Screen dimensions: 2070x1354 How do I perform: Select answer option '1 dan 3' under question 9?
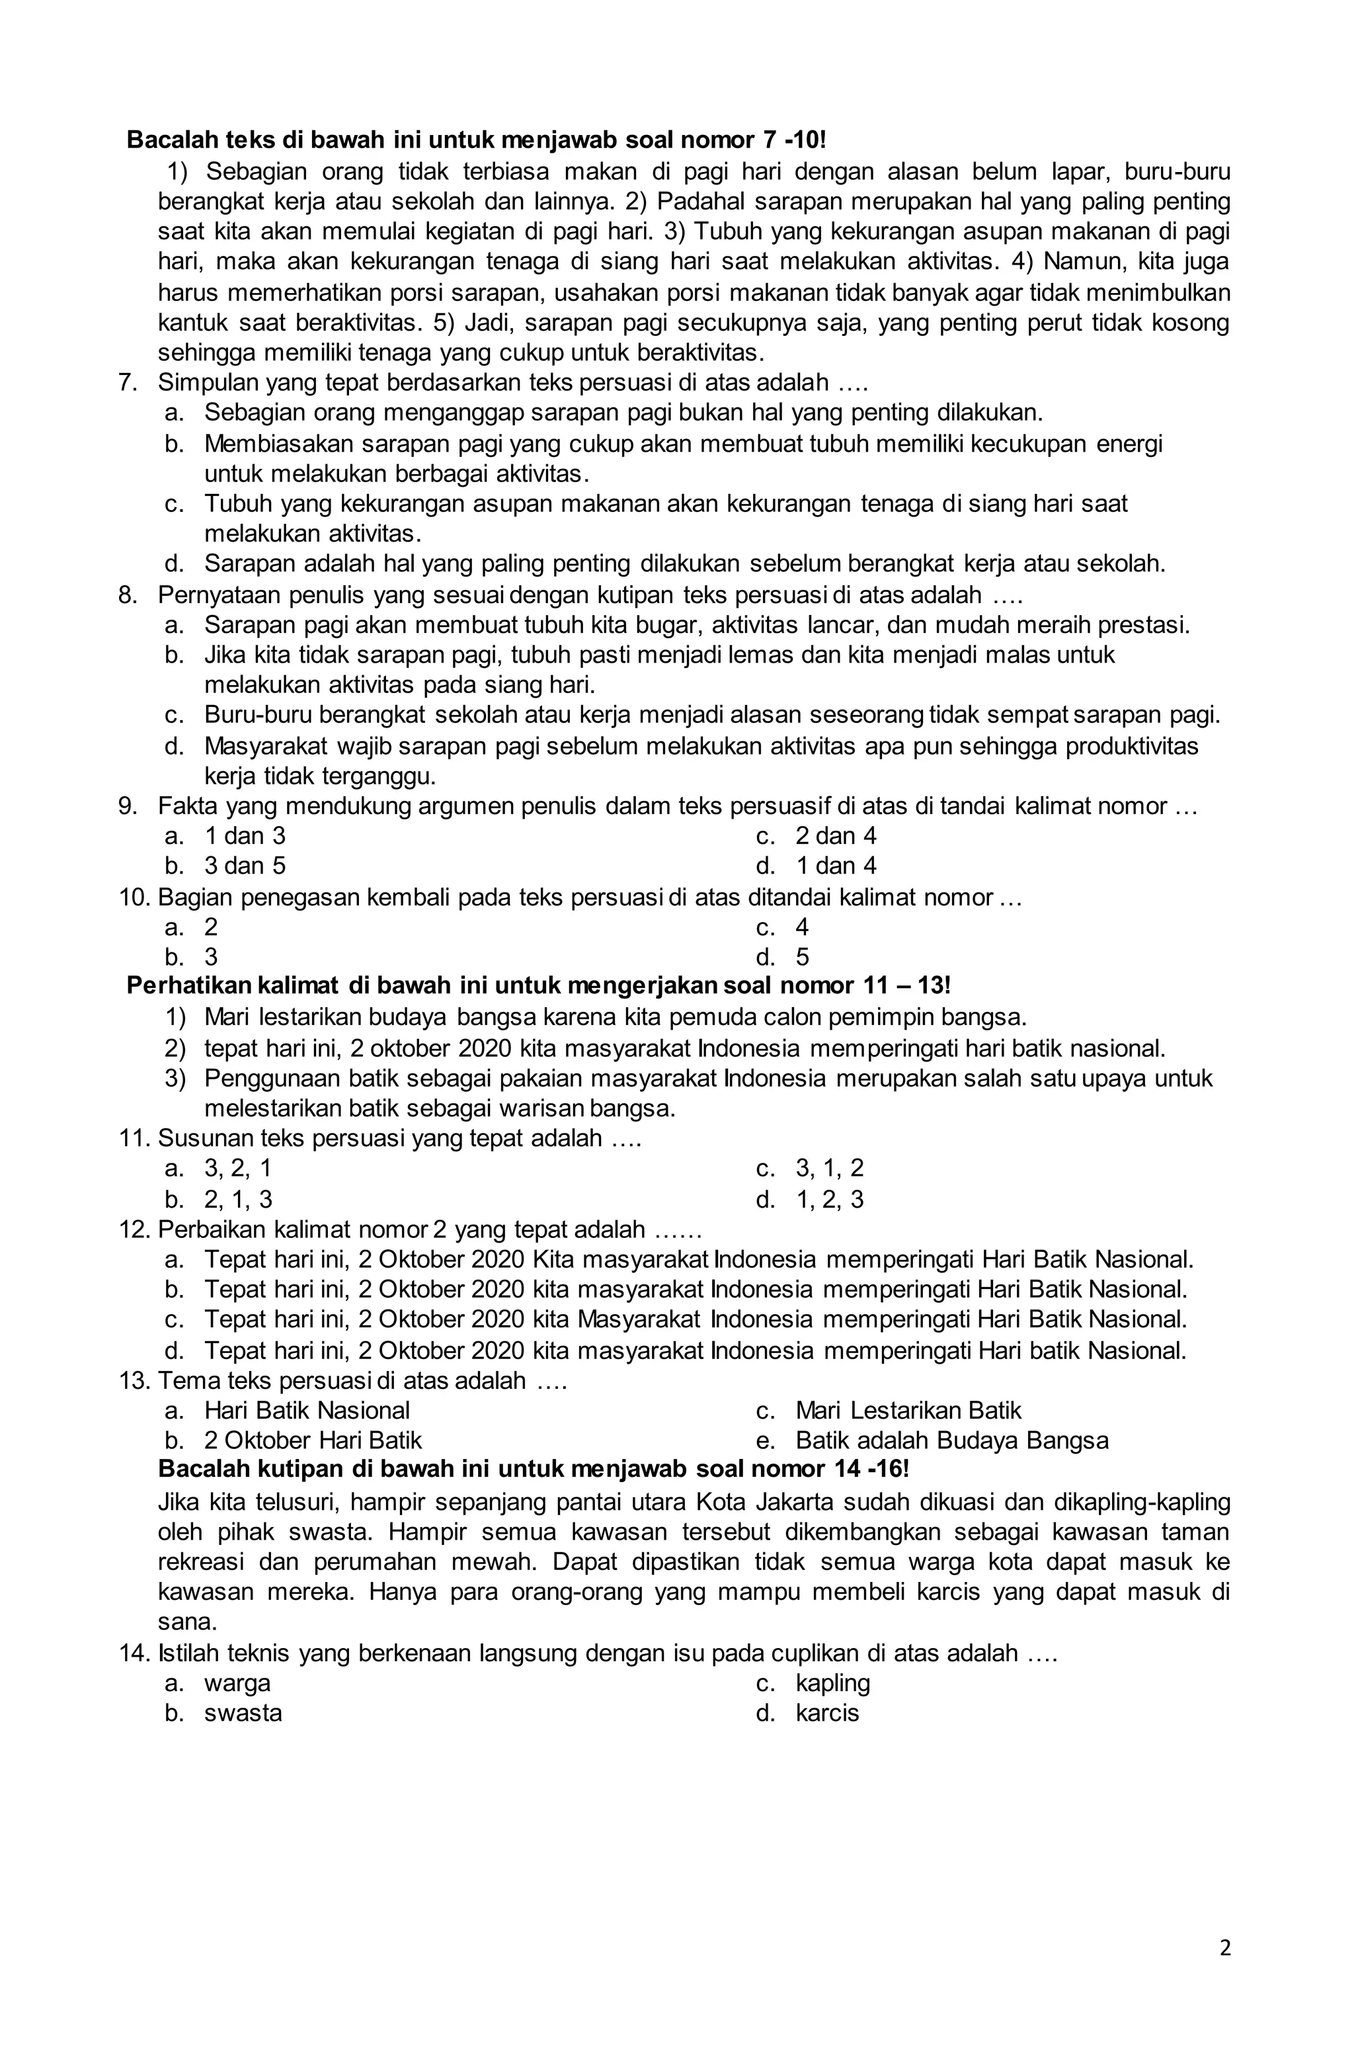click(245, 836)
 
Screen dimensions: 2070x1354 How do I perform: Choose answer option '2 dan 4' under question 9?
click(835, 836)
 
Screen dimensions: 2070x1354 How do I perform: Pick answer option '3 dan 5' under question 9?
click(245, 866)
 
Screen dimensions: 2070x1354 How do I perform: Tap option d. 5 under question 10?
click(801, 958)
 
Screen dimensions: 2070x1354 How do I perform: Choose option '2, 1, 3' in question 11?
click(237, 1200)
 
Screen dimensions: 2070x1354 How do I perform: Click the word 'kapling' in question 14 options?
click(832, 1683)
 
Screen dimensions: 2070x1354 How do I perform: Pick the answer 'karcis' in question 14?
click(826, 1714)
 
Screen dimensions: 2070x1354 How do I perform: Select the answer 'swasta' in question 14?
click(243, 1714)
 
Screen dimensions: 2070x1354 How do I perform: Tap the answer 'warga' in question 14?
click(237, 1683)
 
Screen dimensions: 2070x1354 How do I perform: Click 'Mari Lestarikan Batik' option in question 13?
click(907, 1410)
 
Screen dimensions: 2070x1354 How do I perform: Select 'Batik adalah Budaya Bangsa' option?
click(951, 1440)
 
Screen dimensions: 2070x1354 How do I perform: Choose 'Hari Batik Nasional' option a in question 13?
click(306, 1410)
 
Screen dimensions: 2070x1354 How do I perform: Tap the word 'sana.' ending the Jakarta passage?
click(187, 1622)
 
